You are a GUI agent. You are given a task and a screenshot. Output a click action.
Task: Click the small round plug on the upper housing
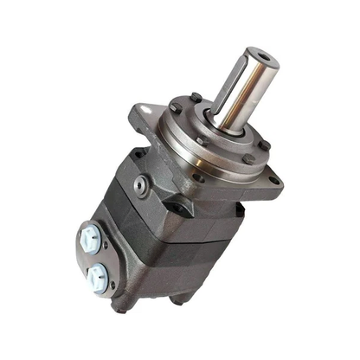click(140, 182)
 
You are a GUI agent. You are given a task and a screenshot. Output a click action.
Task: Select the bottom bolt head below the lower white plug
click(121, 305)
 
